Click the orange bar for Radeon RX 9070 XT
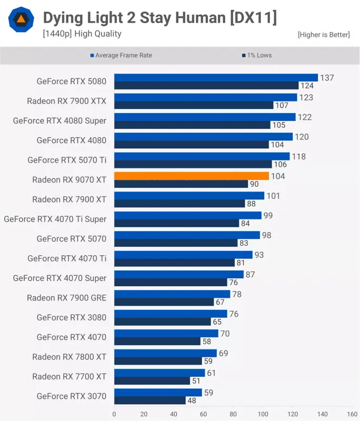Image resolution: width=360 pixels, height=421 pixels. click(192, 176)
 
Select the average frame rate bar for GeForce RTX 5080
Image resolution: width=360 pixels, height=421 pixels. click(216, 78)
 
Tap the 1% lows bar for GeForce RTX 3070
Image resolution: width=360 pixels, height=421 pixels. click(150, 400)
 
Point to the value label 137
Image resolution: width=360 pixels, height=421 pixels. click(327, 78)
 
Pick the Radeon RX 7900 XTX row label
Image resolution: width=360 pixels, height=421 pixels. click(67, 101)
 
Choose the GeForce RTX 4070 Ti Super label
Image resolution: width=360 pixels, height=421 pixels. click(55, 219)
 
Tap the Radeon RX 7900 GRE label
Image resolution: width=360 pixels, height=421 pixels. click(67, 298)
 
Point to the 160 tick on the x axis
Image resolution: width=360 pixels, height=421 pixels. click(352, 414)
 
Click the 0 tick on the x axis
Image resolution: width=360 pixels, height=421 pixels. click(114, 414)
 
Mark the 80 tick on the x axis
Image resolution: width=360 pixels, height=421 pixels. click(233, 414)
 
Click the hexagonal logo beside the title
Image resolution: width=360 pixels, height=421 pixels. click(21, 20)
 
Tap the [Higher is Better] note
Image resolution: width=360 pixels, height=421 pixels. click(323, 35)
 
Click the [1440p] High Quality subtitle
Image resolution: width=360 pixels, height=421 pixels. click(82, 34)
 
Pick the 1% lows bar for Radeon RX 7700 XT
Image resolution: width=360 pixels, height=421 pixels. click(152, 380)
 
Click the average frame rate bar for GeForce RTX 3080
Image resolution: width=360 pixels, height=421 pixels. click(171, 314)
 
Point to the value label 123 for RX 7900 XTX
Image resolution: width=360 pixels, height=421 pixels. click(306, 97)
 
